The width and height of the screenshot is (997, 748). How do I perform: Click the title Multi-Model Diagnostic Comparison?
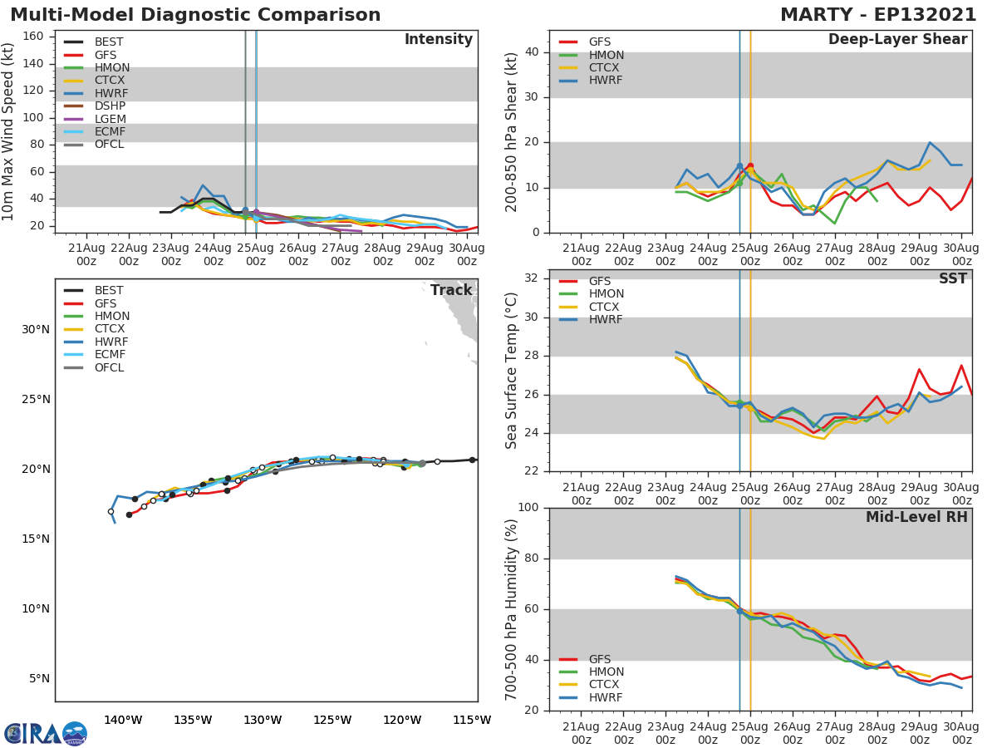click(x=195, y=15)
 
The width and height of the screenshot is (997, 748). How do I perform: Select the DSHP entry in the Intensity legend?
click(x=110, y=106)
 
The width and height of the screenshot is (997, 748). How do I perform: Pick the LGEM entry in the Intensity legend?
click(x=110, y=119)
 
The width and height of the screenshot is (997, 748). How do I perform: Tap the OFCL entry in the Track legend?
click(x=109, y=367)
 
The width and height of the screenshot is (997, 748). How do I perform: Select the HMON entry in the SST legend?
click(x=606, y=294)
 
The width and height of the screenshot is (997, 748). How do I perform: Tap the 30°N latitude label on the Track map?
click(x=36, y=330)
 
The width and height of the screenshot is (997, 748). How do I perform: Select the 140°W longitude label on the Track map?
click(x=123, y=720)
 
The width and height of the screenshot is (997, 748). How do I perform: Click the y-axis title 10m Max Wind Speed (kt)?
click(x=9, y=133)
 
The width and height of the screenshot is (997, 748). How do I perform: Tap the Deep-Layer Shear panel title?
click(x=897, y=40)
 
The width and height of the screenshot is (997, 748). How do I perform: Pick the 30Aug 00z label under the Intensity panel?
click(x=467, y=255)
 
